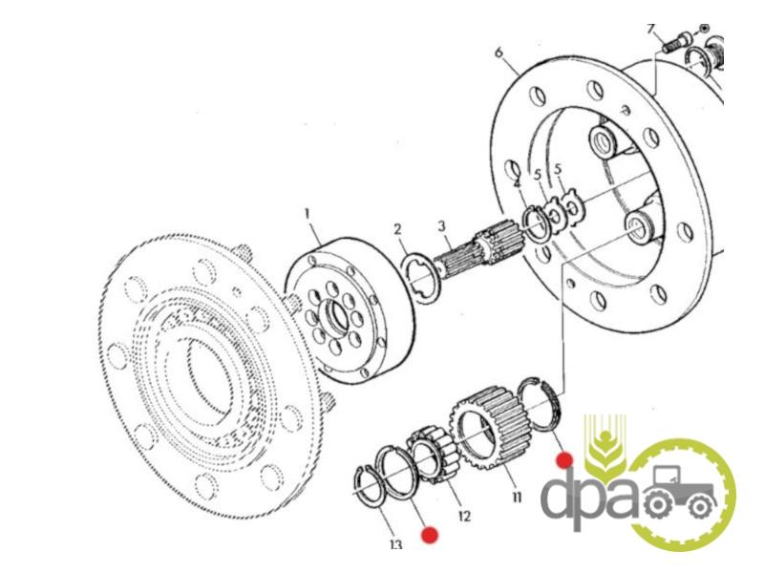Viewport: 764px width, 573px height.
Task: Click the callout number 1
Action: pyautogui.click(x=307, y=213)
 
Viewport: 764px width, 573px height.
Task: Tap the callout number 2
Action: pyautogui.click(x=397, y=229)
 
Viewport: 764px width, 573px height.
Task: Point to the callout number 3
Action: pyautogui.click(x=441, y=226)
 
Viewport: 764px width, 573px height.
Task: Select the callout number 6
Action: pyautogui.click(x=498, y=52)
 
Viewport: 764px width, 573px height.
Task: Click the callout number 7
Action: pyautogui.click(x=651, y=29)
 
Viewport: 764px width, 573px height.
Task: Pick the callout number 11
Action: pyautogui.click(x=517, y=497)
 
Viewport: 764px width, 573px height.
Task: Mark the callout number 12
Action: pyautogui.click(x=464, y=516)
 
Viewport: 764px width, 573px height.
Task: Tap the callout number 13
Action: pyautogui.click(x=395, y=543)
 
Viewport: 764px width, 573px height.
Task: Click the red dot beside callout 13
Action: pyautogui.click(x=430, y=535)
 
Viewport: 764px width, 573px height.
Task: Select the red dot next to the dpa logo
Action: pyautogui.click(x=564, y=460)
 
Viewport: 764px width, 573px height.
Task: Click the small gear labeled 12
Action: pyautogui.click(x=433, y=456)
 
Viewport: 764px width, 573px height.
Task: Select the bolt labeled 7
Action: pyautogui.click(x=676, y=42)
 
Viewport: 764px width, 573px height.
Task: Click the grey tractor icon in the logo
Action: pyautogui.click(x=680, y=492)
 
